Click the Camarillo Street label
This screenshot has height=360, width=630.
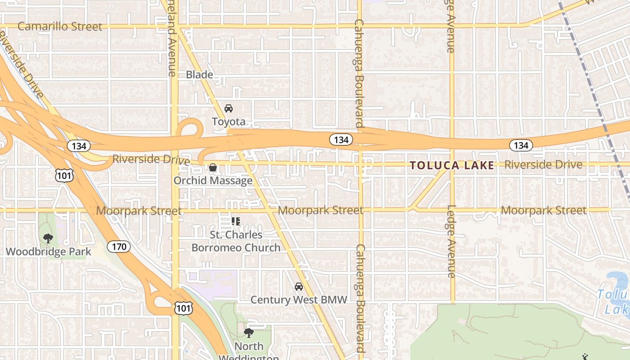click(60, 27)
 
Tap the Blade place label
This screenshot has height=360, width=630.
click(199, 75)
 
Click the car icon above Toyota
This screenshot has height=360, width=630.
click(229, 108)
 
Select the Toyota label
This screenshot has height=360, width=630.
click(229, 121)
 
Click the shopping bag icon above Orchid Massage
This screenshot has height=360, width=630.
click(213, 168)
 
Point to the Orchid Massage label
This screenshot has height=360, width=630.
click(213, 180)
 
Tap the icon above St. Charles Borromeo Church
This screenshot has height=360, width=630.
click(235, 221)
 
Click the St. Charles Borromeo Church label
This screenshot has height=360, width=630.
click(236, 241)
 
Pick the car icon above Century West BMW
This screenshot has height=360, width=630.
click(298, 287)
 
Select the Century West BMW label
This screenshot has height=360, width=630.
click(298, 300)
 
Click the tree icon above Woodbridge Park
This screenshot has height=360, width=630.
click(48, 238)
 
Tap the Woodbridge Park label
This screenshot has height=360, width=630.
click(48, 252)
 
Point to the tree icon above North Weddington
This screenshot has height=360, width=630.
click(248, 333)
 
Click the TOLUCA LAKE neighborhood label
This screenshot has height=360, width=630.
click(452, 166)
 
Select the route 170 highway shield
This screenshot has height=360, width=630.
click(119, 247)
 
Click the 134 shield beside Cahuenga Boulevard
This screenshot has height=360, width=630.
click(341, 140)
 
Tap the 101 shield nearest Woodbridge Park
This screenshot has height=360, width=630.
click(64, 175)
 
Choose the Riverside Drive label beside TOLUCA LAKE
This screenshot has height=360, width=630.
click(543, 165)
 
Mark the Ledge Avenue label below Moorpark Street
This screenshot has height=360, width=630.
click(452, 241)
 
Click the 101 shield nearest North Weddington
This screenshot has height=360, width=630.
click(183, 308)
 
